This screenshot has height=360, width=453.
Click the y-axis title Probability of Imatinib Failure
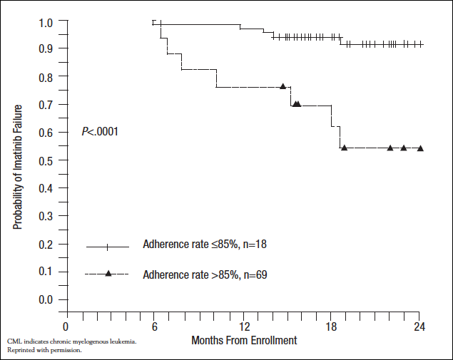click(x=18, y=165)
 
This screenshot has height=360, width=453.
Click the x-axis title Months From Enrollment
click(x=244, y=341)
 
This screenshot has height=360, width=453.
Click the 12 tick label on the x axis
click(x=244, y=326)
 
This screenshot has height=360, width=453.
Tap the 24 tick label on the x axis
click(x=420, y=326)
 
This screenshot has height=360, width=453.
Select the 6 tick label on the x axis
click(x=155, y=326)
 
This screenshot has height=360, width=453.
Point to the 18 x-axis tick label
click(x=332, y=326)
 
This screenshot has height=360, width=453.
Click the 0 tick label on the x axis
click(x=66, y=326)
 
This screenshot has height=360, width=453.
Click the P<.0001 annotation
click(x=99, y=131)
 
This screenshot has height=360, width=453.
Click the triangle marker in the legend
click(x=108, y=273)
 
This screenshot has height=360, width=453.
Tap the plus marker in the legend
click(x=108, y=247)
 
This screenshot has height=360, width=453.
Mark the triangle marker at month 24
click(x=420, y=148)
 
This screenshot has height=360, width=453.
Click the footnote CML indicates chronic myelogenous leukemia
click(x=71, y=341)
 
